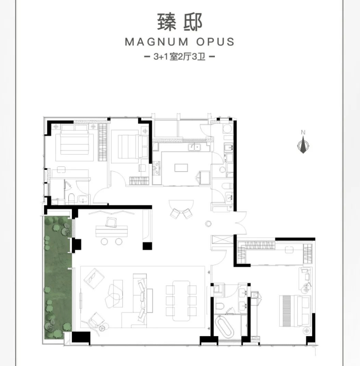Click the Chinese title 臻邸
pyautogui.click(x=179, y=22)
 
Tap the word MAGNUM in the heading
pyautogui.click(x=157, y=42)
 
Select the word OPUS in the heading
pyautogui.click(x=215, y=42)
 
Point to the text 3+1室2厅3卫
pyautogui.click(x=179, y=57)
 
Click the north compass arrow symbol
pyautogui.click(x=303, y=145)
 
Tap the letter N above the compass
pyautogui.click(x=303, y=133)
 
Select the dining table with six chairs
pyautogui.click(x=181, y=301)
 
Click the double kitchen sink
pyautogui.click(x=194, y=147)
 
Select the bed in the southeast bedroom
pyautogui.click(x=295, y=311)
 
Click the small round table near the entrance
pyautogui.click(x=208, y=224)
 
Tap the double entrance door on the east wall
pyautogui.click(x=241, y=223)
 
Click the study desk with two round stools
pyautogui.click(x=112, y=231)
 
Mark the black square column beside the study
pyautogui.click(x=147, y=246)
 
